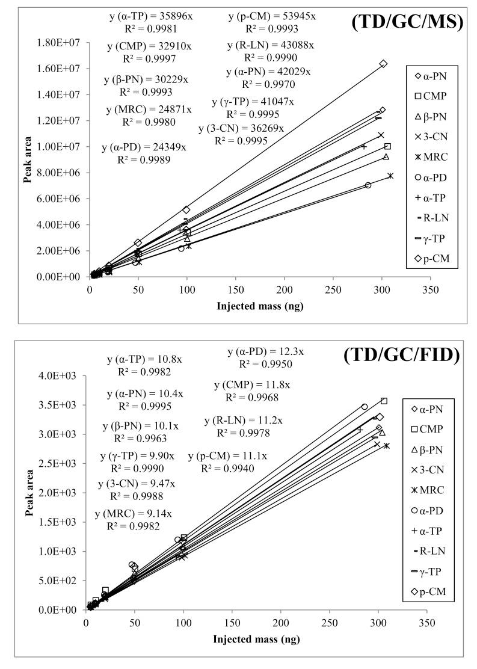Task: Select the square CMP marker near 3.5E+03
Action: pos(384,401)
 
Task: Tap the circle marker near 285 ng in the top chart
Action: pos(368,185)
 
